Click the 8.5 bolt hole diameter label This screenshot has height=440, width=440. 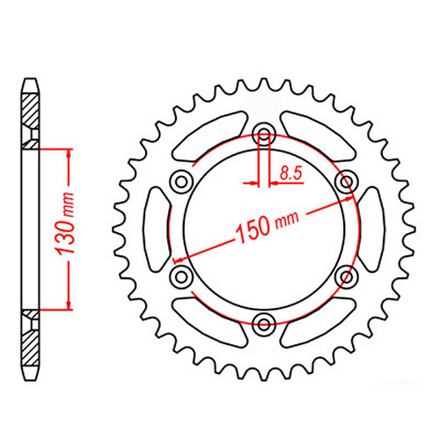click(x=289, y=176)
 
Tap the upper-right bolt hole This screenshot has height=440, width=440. click(x=345, y=181)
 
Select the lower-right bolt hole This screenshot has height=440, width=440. click(x=345, y=275)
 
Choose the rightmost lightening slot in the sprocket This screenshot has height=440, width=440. click(x=370, y=228)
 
